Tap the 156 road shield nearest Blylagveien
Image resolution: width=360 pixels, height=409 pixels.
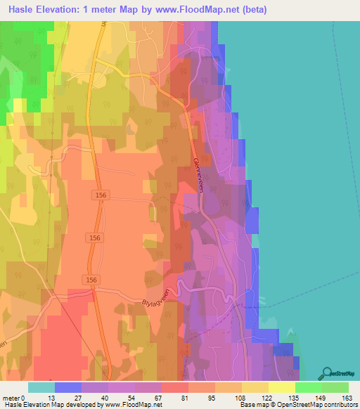point(91,280)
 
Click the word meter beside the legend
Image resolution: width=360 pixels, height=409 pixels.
point(11,398)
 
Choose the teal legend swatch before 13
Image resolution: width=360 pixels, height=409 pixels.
point(41,387)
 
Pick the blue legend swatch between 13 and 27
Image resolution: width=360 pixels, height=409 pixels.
point(67,387)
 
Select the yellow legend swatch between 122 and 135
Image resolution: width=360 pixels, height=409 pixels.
point(281,387)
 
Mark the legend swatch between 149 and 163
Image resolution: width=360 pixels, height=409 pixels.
point(335,387)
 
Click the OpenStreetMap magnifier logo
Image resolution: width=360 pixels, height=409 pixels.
point(326,372)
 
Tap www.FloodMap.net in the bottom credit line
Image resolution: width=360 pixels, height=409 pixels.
point(131,405)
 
